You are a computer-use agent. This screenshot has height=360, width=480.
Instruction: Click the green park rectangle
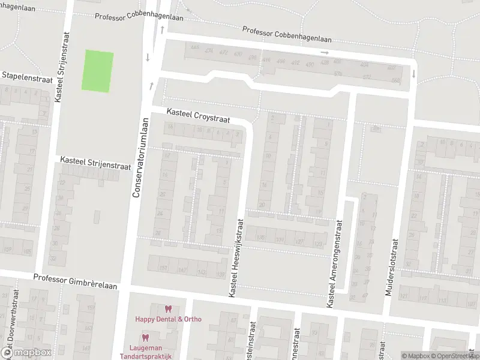click(97, 71)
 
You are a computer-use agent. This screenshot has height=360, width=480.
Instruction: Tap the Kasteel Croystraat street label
click(198, 116)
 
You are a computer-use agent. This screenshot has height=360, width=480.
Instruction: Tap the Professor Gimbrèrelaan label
click(76, 278)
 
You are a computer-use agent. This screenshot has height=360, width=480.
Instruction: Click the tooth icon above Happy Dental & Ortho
click(168, 309)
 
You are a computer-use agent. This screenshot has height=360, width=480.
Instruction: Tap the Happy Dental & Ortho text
click(168, 319)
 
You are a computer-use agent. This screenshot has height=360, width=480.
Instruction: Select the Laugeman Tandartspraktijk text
click(150, 352)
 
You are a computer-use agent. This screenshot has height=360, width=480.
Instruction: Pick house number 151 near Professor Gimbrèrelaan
click(162, 268)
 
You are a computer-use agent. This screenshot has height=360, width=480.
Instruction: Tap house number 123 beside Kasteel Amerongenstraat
click(318, 243)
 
